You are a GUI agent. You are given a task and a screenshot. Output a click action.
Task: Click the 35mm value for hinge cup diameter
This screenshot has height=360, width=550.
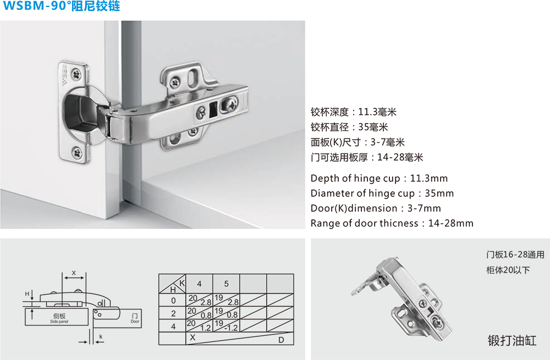tap(439, 193)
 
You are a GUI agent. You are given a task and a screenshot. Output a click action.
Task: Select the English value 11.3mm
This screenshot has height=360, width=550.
tap(428, 179)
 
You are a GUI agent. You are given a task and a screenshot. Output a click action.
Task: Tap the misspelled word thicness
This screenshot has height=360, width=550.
tap(398, 223)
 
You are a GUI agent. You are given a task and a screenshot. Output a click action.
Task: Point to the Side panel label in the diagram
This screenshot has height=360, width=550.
tap(59, 322)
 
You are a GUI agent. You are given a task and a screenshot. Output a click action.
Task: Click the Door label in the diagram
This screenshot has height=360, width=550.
tap(135, 321)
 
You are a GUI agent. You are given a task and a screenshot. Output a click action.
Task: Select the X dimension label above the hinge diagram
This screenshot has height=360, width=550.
tap(74, 273)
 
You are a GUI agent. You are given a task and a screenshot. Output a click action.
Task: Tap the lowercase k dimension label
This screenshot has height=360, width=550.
tap(101, 336)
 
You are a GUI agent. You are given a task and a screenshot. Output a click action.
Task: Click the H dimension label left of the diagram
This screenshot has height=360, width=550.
tap(27, 294)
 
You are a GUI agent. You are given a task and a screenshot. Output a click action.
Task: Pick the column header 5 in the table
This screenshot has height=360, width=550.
tap(226, 284)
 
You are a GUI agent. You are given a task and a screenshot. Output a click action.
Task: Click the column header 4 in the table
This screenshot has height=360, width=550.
tap(199, 284)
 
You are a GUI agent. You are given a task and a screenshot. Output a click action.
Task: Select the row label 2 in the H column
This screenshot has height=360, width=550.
tap(173, 313)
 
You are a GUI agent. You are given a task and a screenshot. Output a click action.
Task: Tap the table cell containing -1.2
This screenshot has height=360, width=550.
tap(227, 325)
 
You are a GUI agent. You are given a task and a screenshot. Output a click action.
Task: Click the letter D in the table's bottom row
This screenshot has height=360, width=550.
tap(281, 340)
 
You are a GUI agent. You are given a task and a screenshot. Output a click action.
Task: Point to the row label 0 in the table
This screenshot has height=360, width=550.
tap(173, 301)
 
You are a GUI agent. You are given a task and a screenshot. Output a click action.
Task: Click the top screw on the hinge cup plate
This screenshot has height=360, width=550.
tap(76, 74)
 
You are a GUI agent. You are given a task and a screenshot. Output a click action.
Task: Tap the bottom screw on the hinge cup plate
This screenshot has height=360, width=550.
tap(77, 153)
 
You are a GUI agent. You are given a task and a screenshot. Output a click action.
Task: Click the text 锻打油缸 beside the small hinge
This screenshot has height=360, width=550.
tap(512, 340)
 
